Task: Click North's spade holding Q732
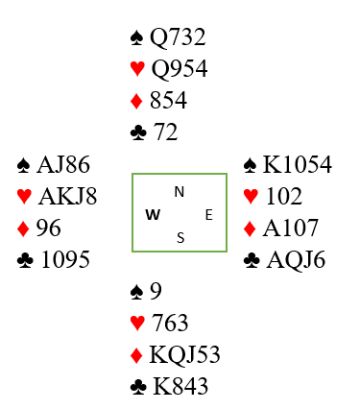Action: [x=178, y=37]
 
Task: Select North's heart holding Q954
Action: [x=180, y=68]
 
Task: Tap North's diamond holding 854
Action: [x=168, y=100]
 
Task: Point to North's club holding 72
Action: [x=165, y=132]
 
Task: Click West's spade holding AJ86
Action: [x=63, y=165]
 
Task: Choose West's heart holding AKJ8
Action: [x=67, y=196]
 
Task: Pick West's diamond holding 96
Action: [x=48, y=228]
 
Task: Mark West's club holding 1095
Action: [x=65, y=259]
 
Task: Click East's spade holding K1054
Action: [x=298, y=165]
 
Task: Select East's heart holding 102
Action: [x=284, y=196]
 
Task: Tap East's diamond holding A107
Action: [x=291, y=228]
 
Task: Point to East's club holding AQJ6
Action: [x=296, y=260]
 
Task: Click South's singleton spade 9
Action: [x=156, y=291]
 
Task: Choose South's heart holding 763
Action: [x=170, y=323]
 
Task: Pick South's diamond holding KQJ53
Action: [x=184, y=355]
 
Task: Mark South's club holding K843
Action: [x=180, y=386]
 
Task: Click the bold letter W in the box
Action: [x=153, y=215]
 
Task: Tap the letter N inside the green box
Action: [x=180, y=192]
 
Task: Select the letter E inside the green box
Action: [x=209, y=215]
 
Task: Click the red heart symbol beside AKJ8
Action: [x=24, y=197]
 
